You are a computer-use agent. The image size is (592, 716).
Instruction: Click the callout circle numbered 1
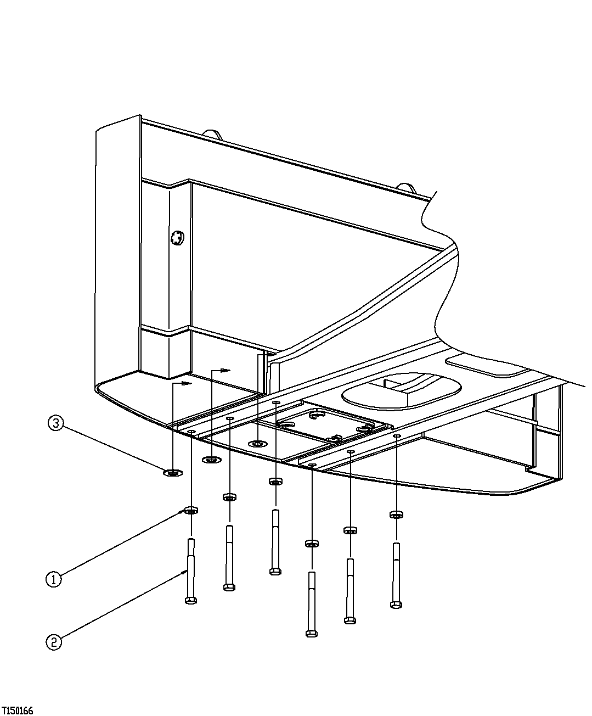[x=53, y=579]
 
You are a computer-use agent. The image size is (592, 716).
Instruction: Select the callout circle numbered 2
[x=53, y=642]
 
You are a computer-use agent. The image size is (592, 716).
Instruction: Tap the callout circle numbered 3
[x=56, y=423]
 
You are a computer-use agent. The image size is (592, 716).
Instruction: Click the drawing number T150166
[x=17, y=711]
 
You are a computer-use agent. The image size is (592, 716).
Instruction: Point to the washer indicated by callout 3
[x=173, y=473]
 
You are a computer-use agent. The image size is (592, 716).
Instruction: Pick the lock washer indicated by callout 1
[x=191, y=511]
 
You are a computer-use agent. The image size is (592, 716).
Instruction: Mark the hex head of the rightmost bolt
[x=396, y=605]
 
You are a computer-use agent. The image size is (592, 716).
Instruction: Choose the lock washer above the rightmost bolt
[x=396, y=514]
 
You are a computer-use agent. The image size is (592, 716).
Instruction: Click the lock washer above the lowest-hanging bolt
[x=312, y=544]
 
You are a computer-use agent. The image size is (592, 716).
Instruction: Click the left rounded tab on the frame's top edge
[x=212, y=134]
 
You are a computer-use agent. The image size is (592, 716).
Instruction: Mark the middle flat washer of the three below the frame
[x=212, y=459]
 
